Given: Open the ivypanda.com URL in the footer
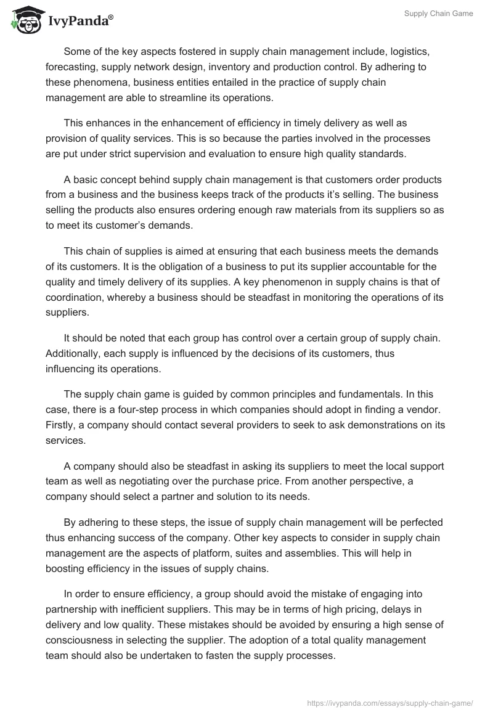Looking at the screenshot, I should tap(389, 703).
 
